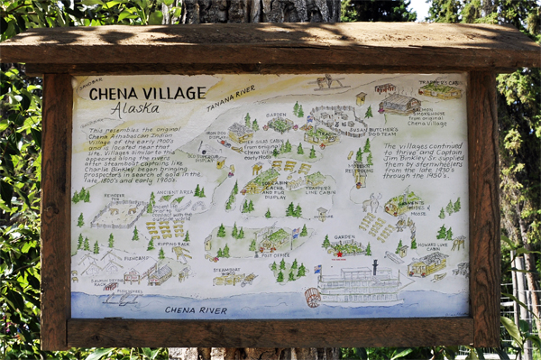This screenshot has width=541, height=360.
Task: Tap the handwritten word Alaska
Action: pyautogui.click(x=134, y=108)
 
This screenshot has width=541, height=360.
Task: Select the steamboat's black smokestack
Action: pyautogui.click(x=374, y=268)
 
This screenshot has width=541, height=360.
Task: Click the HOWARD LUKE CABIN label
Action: pyautogui.click(x=432, y=246)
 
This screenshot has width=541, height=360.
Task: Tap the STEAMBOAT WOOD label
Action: pyautogui.click(x=225, y=270)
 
